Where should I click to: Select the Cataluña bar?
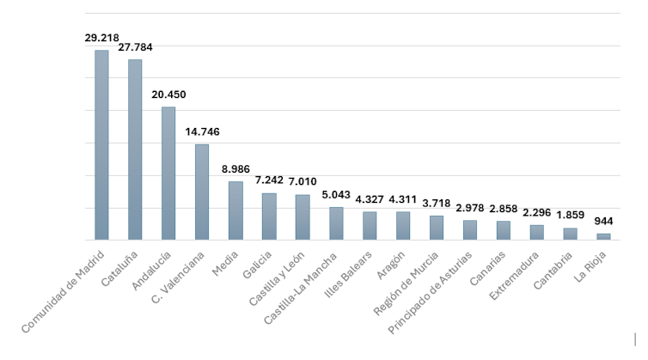(x=135, y=149)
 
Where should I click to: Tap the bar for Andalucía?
(x=168, y=173)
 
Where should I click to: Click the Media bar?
(x=235, y=211)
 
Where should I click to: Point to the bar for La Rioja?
(x=603, y=236)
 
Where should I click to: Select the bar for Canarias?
(x=503, y=230)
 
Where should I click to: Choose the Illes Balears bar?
(x=370, y=225)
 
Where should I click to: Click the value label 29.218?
(x=101, y=39)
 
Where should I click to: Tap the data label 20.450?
(x=168, y=95)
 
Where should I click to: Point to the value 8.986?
(x=235, y=169)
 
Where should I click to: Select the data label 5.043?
(x=336, y=195)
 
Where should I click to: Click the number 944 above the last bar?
(x=603, y=222)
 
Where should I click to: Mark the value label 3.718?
(x=437, y=203)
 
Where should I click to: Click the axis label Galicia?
(x=257, y=265)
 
